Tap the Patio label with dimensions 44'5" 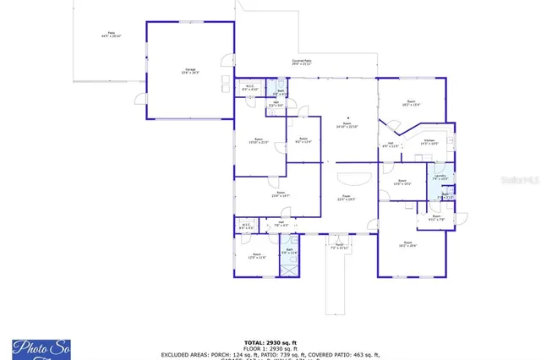pyautogui.click(x=111, y=35)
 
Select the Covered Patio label pyautogui.click(x=302, y=62)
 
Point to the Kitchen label pyautogui.click(x=429, y=142)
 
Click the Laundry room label pyautogui.click(x=440, y=177)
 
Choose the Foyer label pyautogui.click(x=346, y=199)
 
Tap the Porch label pyautogui.click(x=339, y=247)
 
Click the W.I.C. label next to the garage pyautogui.click(x=251, y=87)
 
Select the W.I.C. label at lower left pyautogui.click(x=246, y=226)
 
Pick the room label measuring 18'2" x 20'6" pyautogui.click(x=408, y=244)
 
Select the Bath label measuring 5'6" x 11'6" pyautogui.click(x=289, y=251)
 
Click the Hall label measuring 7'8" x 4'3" pyautogui.click(x=281, y=224)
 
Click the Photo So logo pyautogui.click(x=41, y=347)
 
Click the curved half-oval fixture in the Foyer pyautogui.click(x=353, y=177)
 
